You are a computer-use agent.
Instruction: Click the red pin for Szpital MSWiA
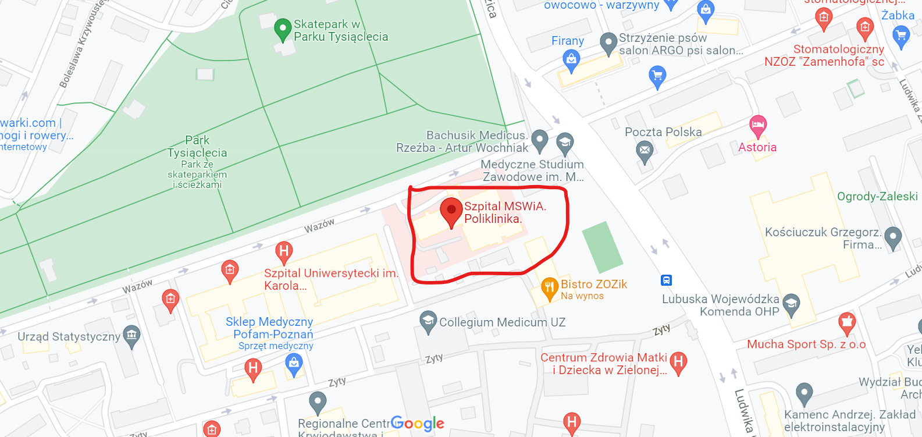[451, 211]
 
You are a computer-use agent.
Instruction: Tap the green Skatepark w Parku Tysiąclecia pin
[283, 29]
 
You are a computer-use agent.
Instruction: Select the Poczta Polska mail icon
[645, 151]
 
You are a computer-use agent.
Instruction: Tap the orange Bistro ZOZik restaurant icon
[550, 287]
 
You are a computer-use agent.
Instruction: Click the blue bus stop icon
[667, 280]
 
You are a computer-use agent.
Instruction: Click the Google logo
[417, 424]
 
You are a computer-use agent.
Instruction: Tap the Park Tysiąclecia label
[197, 147]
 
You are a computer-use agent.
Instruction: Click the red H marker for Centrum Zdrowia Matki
[678, 362]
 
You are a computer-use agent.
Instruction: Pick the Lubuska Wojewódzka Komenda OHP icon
[791, 303]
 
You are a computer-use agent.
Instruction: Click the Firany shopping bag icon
[572, 59]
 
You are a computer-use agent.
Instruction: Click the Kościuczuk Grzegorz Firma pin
[893, 236]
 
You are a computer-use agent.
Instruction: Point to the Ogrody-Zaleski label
[877, 197]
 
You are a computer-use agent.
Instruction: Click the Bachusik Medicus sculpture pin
[540, 139]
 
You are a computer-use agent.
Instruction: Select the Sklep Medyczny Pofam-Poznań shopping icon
[294, 364]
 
